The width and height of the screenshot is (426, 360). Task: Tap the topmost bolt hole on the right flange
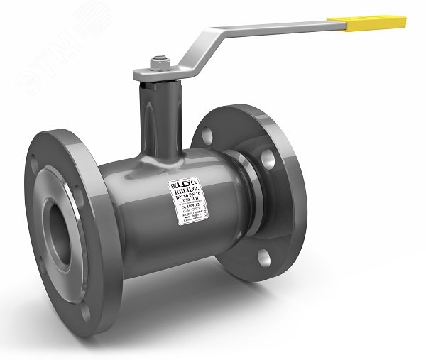click(207, 136)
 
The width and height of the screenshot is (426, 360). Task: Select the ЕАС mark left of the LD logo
click(173, 187)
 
